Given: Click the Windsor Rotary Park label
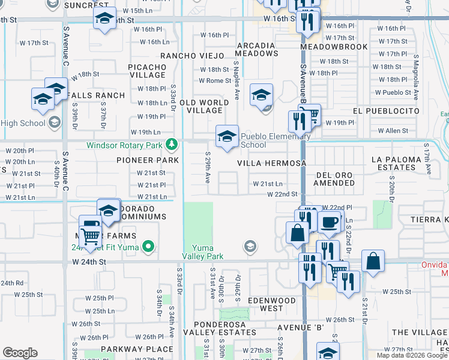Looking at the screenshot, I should coord(124,145).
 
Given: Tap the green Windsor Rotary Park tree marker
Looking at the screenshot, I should coord(172,144).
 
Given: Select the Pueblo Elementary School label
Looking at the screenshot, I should coord(276,140).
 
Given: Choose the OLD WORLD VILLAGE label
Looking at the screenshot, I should coord(204,106).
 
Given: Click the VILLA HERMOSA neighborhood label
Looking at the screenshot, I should coord(271,163).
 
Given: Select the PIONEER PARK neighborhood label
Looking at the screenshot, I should coord(148,161).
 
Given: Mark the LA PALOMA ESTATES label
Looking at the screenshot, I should coord(402,163).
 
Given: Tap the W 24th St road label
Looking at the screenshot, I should coord(89,262).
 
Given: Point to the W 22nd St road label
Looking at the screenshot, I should coord(282,194).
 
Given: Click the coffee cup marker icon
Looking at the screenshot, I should coord(329,223).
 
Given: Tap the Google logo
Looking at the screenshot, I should coord(20,353).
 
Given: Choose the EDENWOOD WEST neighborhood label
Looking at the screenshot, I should coord(272,304).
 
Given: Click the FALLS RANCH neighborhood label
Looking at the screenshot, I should coord(96,95).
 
